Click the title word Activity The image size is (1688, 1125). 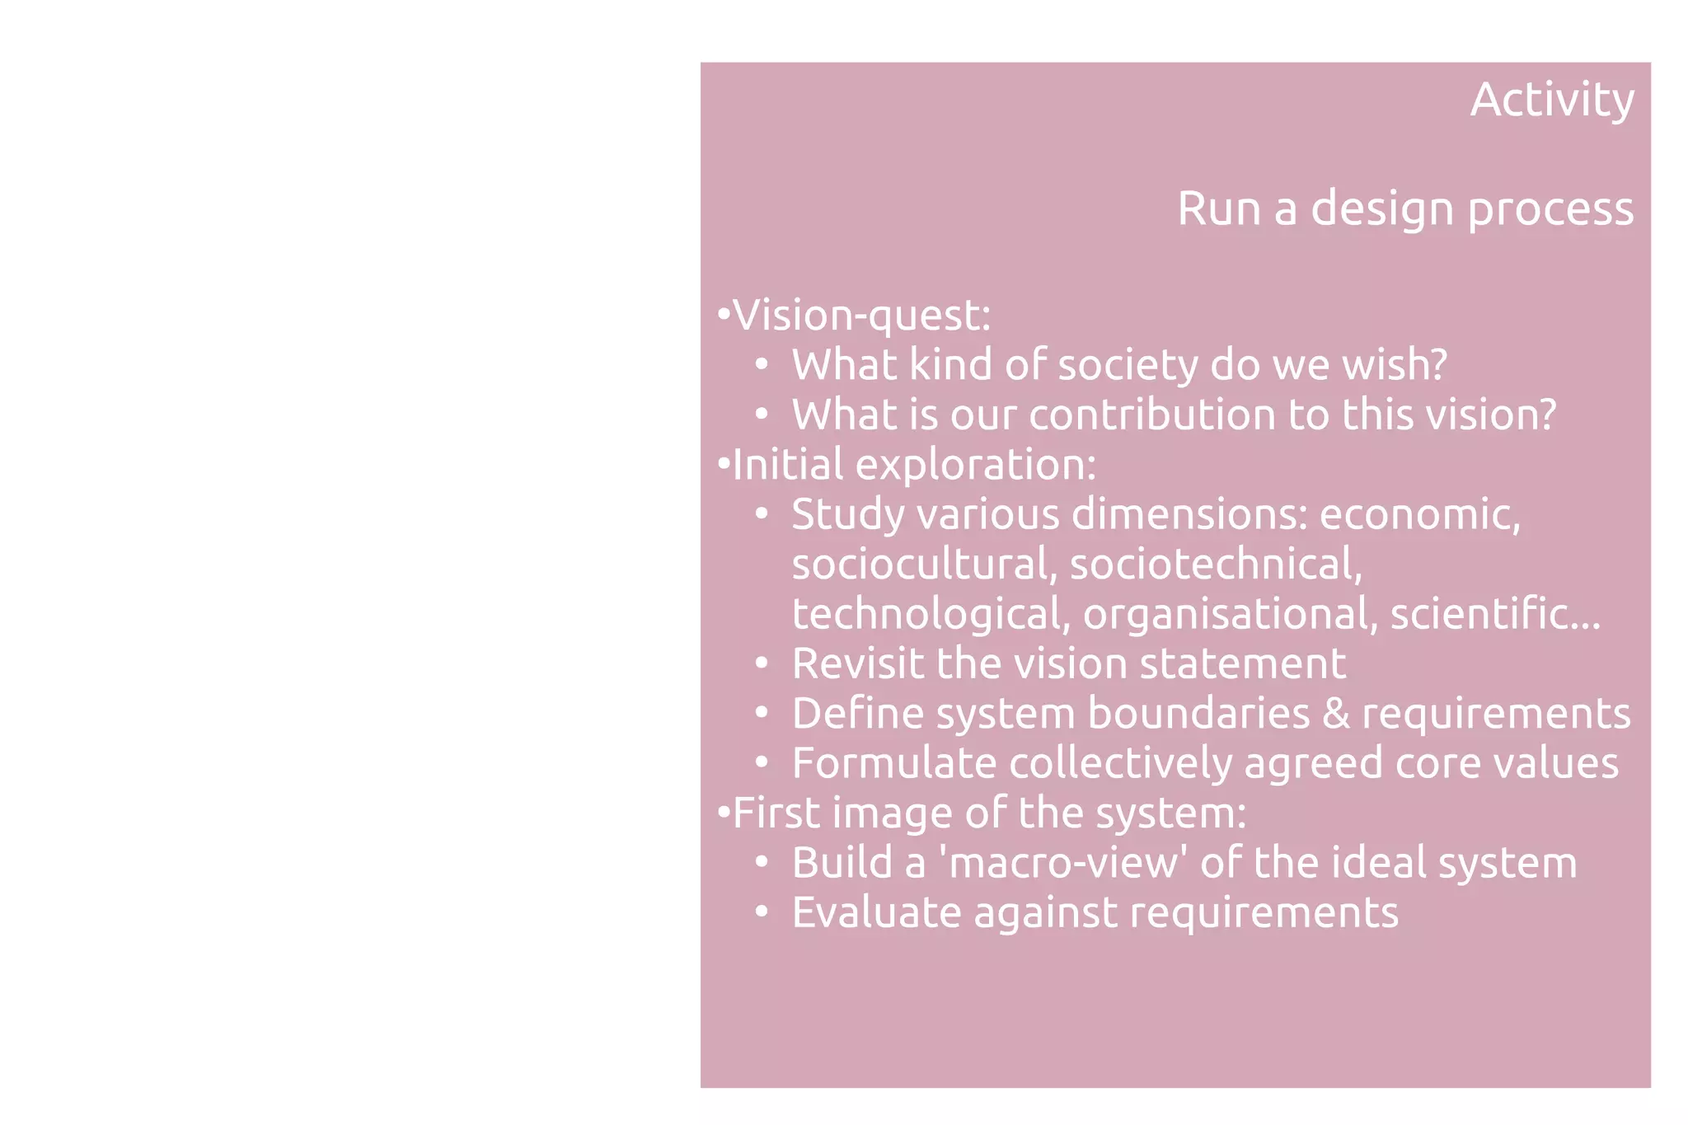coord(1552,101)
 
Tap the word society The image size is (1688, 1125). coord(1128,365)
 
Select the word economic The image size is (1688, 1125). coord(1419,515)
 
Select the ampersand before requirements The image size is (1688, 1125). coord(1335,714)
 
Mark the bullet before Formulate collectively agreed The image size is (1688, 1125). coord(762,763)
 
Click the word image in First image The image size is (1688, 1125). coord(892,813)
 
